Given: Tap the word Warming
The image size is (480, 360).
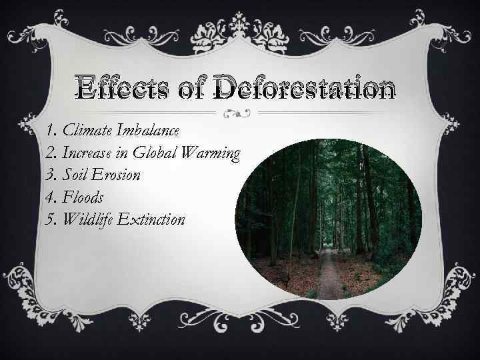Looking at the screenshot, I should coord(215,154).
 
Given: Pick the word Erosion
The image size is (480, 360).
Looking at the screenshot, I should coord(117,175).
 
